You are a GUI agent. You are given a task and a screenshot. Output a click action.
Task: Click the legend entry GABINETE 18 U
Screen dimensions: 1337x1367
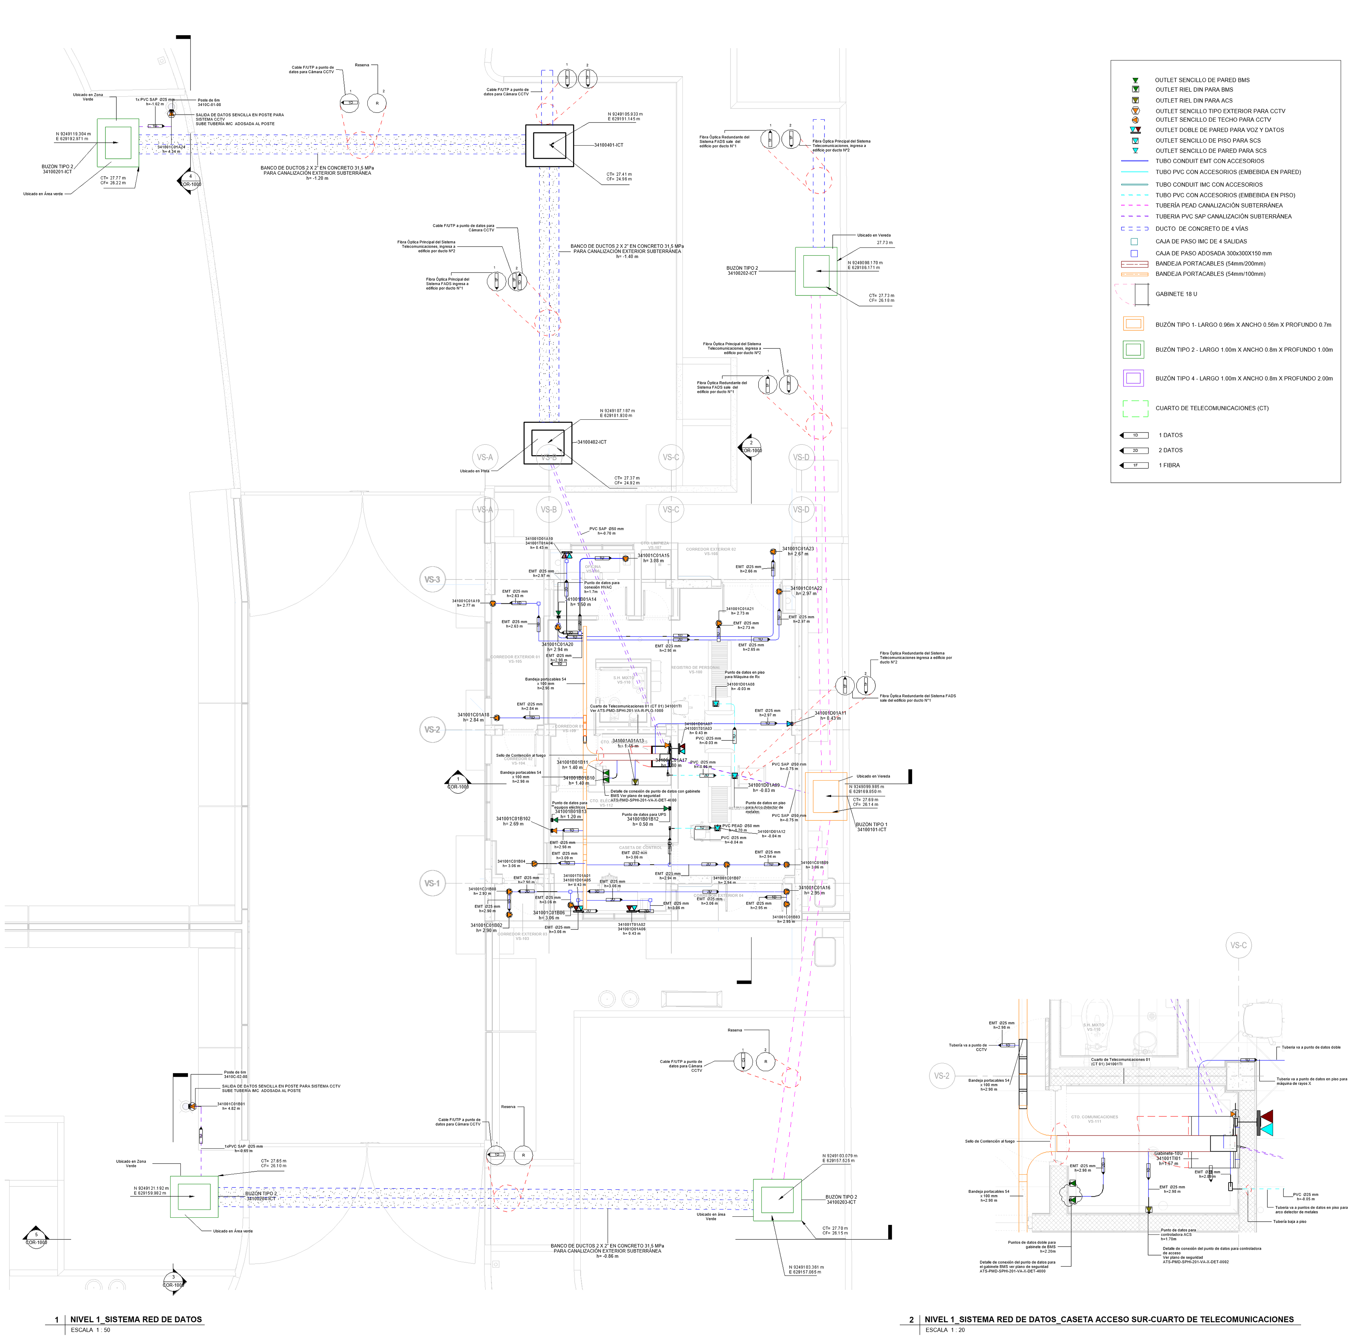(x=1176, y=294)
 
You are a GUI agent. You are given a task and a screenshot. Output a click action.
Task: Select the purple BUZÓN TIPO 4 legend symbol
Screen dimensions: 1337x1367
(x=1133, y=378)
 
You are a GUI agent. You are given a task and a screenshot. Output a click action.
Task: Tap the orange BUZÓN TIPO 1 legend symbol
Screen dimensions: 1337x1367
(x=1133, y=324)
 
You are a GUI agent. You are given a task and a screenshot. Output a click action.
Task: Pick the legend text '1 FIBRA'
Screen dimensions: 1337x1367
(x=1169, y=466)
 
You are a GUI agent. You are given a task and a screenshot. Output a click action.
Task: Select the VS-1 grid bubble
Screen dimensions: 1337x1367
(x=432, y=884)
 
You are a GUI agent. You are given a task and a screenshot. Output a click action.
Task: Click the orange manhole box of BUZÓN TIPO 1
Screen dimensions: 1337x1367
(x=826, y=797)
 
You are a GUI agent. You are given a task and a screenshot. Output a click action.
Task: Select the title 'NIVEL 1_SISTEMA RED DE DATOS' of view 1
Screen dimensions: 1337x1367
(x=136, y=1320)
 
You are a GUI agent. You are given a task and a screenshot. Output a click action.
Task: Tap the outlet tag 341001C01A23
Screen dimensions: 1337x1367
(x=798, y=549)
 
